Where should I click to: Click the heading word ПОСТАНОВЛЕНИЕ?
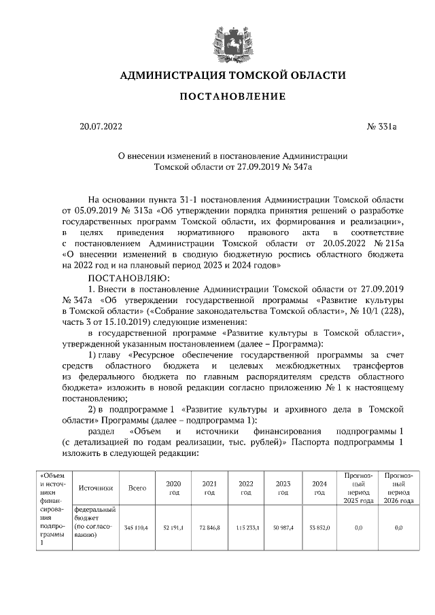pos(232,96)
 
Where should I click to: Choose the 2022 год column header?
pos(246,488)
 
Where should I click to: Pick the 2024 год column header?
pos(319,488)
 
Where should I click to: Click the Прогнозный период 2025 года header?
pos(360,487)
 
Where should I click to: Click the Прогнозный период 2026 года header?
pos(399,487)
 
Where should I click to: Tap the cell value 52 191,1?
pos(173,527)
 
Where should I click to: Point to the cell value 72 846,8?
pos(209,527)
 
